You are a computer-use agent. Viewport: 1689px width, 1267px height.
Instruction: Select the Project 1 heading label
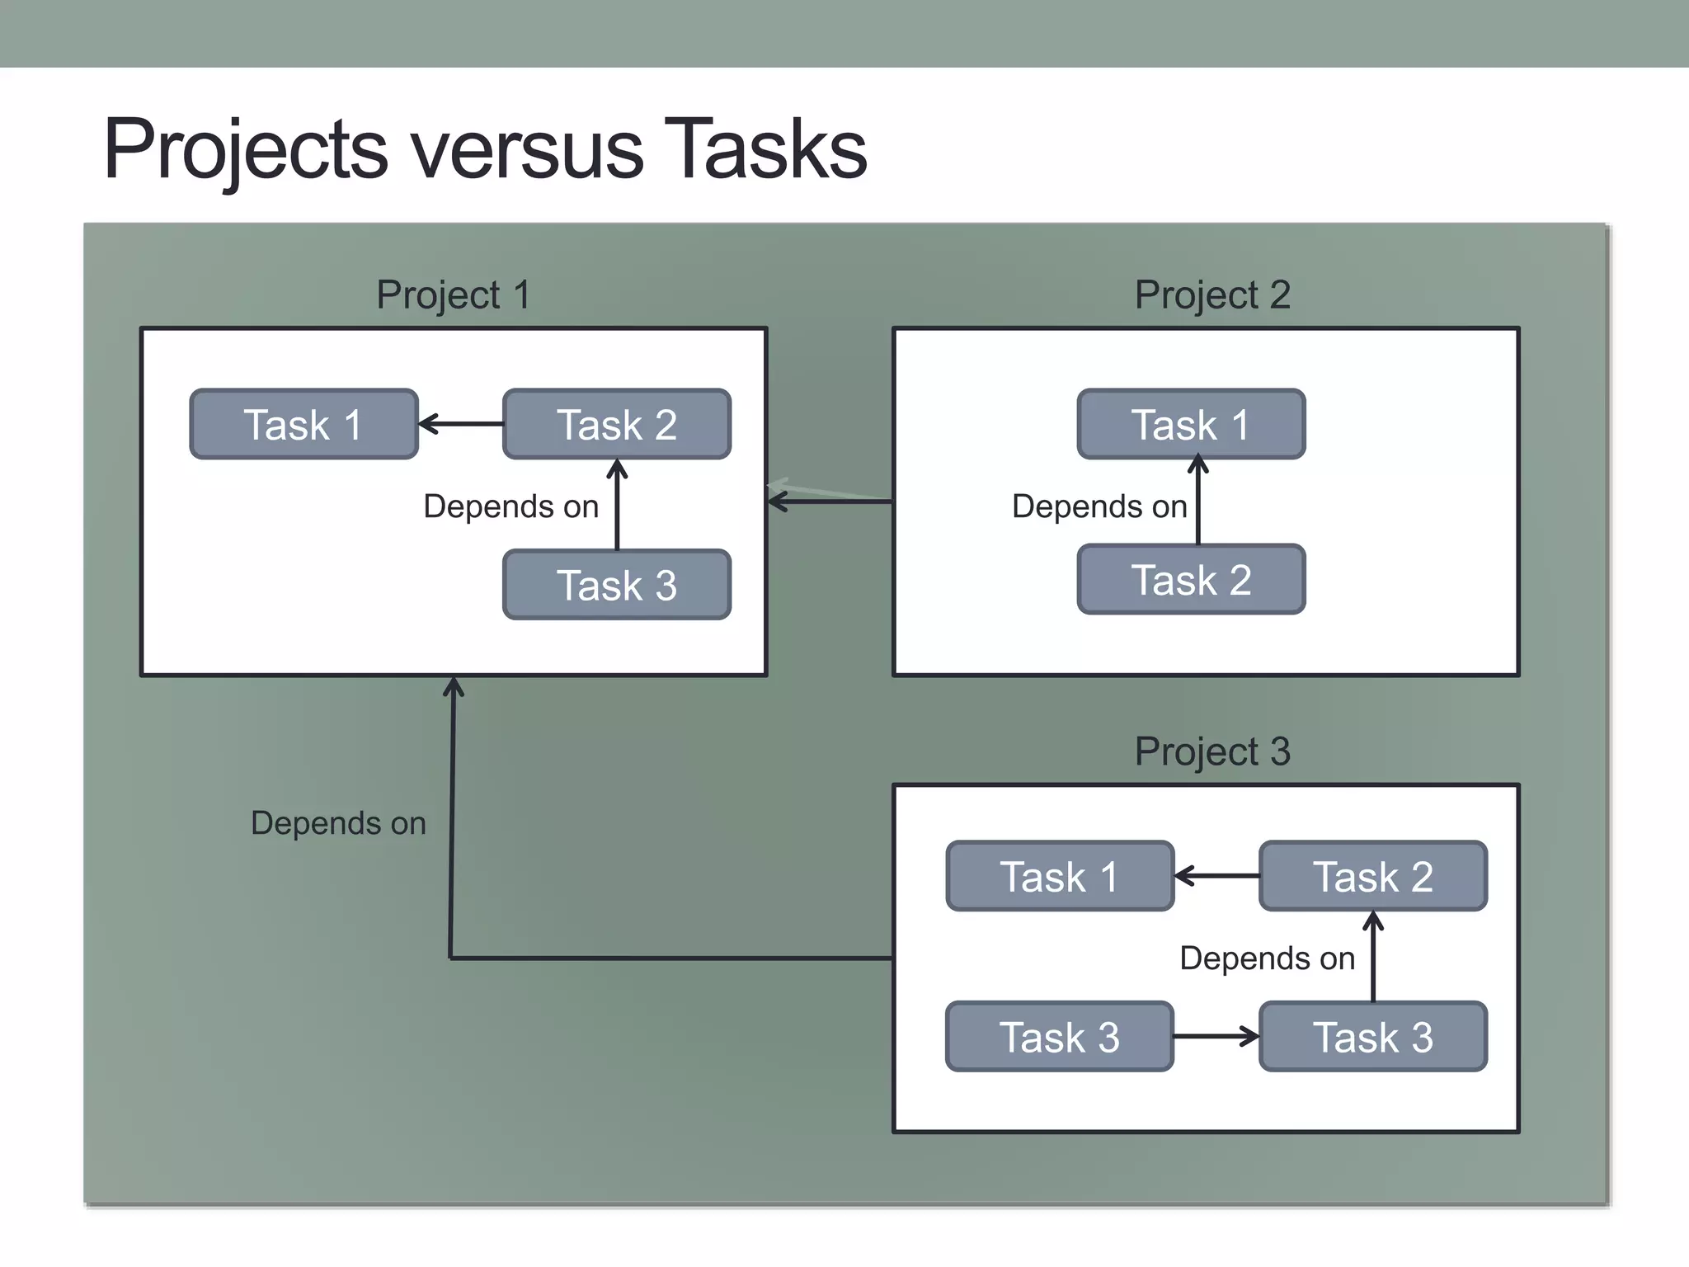click(x=453, y=295)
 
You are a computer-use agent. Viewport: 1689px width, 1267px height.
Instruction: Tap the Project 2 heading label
click(x=1211, y=295)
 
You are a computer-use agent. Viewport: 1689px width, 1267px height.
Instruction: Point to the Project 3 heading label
click(x=1211, y=751)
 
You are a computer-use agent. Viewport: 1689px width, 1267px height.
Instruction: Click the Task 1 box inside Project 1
click(x=303, y=425)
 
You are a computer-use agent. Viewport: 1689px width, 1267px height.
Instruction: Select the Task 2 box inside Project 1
click(x=617, y=425)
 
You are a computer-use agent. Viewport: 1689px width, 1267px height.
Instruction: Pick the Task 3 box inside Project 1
click(x=617, y=585)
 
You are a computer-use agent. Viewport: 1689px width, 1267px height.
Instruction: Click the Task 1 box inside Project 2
click(x=1191, y=425)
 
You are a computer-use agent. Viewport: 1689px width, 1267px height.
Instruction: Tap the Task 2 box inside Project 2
click(x=1191, y=580)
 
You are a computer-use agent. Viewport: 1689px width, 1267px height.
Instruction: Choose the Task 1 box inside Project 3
click(x=1060, y=876)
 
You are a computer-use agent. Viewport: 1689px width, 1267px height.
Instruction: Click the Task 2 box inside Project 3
click(x=1372, y=876)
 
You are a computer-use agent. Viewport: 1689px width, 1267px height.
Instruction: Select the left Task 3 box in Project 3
click(x=1060, y=1037)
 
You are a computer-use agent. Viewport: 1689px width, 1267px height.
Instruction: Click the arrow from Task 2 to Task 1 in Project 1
click(x=461, y=424)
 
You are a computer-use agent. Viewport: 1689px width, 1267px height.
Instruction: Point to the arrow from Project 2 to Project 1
click(x=830, y=501)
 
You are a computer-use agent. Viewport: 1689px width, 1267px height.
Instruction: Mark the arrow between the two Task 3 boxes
click(x=1216, y=1036)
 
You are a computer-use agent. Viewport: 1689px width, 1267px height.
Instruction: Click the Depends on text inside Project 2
click(x=1099, y=506)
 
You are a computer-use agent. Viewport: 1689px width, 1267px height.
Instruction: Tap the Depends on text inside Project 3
click(x=1268, y=958)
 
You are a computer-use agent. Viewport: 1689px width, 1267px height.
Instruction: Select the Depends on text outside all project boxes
click(x=338, y=823)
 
